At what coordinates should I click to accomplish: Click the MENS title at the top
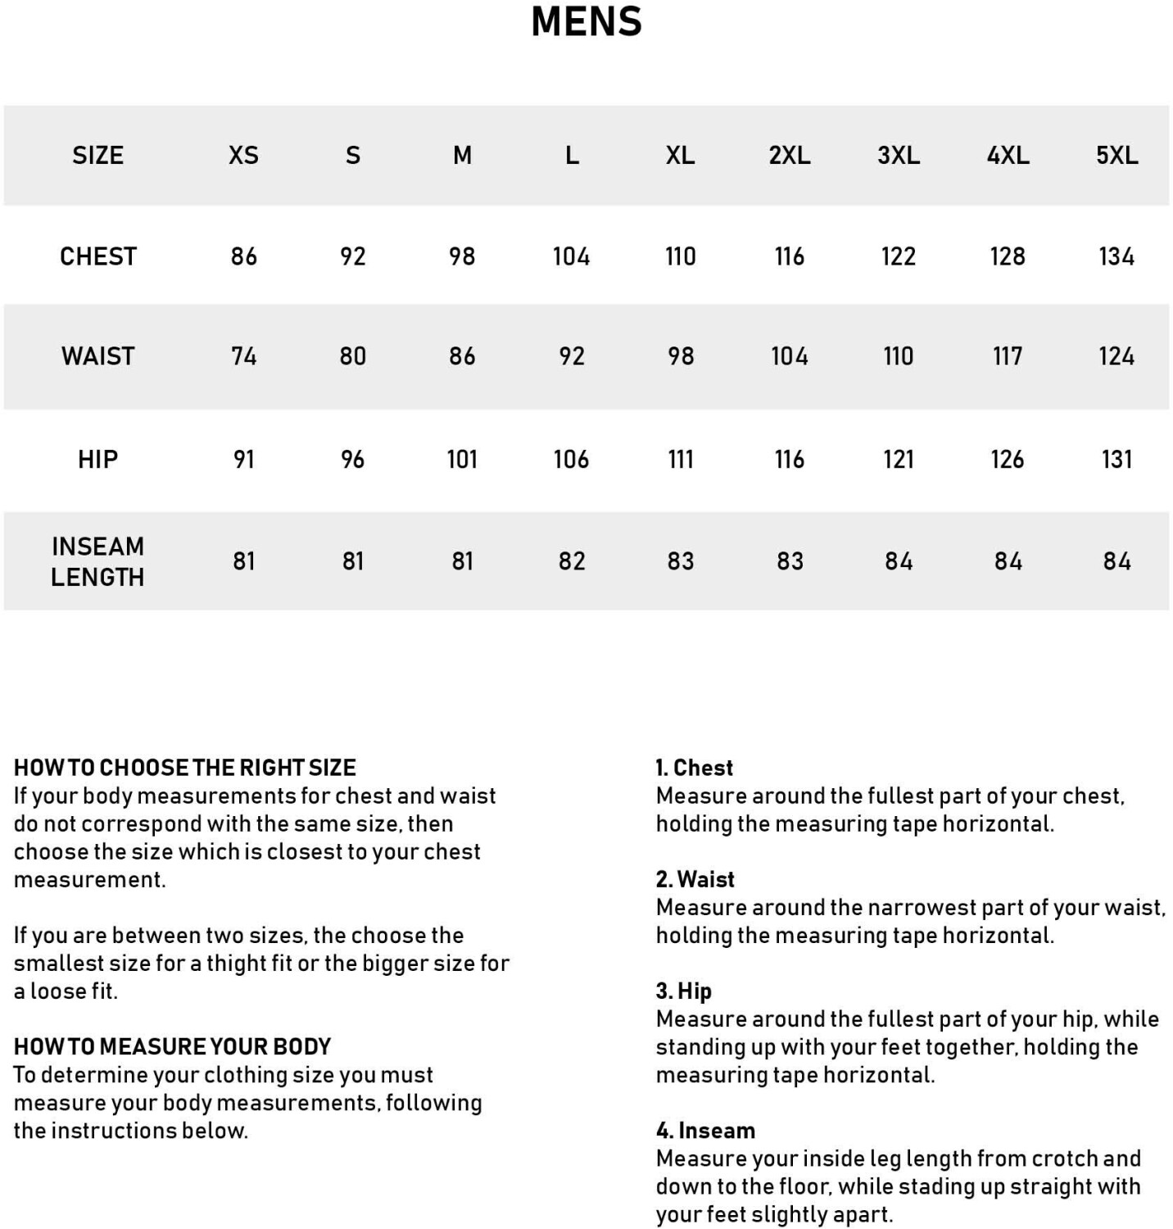(x=586, y=22)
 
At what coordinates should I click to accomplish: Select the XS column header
(x=243, y=155)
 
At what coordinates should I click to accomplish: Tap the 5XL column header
(x=1116, y=155)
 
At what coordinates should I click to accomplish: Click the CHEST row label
(x=97, y=256)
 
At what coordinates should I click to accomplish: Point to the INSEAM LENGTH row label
(x=97, y=561)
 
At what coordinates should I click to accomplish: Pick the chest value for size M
(x=462, y=256)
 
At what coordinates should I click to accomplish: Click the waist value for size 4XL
(x=1008, y=356)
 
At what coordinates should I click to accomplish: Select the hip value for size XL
(x=680, y=460)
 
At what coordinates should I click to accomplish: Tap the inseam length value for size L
(x=572, y=561)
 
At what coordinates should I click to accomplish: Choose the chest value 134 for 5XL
(x=1116, y=256)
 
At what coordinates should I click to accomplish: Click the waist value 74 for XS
(x=243, y=356)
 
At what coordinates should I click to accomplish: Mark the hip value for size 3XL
(x=899, y=460)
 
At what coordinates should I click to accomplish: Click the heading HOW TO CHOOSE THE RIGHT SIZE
(x=185, y=768)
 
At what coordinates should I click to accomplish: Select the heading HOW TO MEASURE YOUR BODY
(x=172, y=1046)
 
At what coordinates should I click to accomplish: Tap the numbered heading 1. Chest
(x=694, y=768)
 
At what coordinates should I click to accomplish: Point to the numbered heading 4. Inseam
(x=705, y=1131)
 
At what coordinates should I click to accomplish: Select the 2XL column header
(x=789, y=155)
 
